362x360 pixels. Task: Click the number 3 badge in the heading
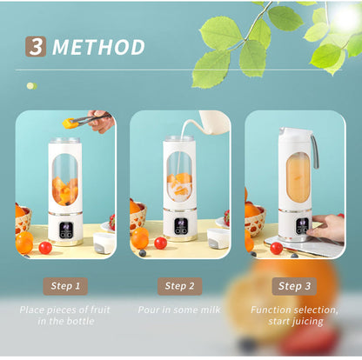(36, 46)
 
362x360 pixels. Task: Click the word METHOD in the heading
(97, 47)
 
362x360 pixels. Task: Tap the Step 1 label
(65, 286)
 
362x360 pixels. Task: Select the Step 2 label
(179, 286)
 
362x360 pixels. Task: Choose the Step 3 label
(294, 286)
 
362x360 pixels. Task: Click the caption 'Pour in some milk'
(179, 310)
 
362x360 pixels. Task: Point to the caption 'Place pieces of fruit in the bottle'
(65, 316)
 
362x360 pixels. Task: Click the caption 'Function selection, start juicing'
(294, 316)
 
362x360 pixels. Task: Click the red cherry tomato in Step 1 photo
(44, 248)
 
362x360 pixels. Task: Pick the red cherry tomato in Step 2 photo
(160, 243)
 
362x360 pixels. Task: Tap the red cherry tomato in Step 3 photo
(276, 248)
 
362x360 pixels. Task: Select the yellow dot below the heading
(30, 86)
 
